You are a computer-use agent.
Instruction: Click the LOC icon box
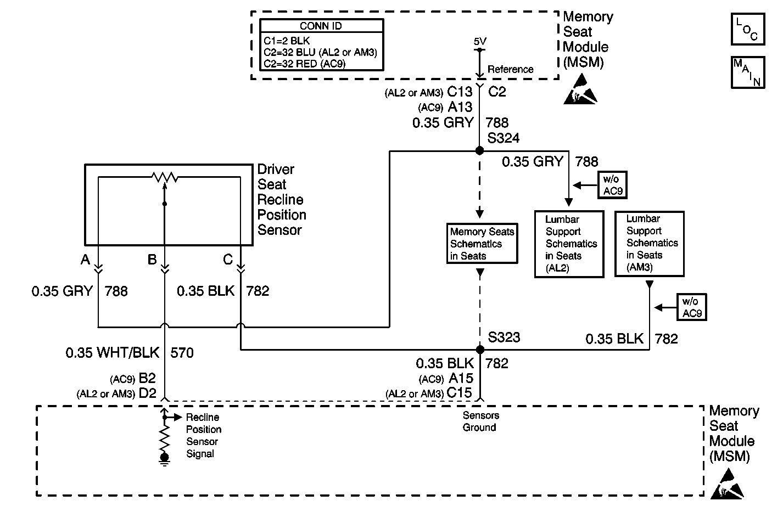(x=748, y=29)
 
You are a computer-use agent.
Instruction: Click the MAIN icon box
(x=748, y=72)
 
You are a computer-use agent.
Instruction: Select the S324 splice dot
(x=479, y=150)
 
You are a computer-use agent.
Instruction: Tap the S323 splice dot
(x=480, y=349)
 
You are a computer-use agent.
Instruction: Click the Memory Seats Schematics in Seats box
(x=482, y=244)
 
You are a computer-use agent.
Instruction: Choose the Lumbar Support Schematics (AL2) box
(x=569, y=244)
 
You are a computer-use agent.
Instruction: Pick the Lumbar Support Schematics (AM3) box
(x=649, y=244)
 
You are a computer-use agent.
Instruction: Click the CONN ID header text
(x=321, y=26)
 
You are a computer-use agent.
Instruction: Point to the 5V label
(x=480, y=42)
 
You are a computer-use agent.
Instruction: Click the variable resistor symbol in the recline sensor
(x=165, y=178)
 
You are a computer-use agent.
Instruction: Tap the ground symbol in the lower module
(x=164, y=460)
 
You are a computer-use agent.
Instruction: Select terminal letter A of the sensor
(x=85, y=260)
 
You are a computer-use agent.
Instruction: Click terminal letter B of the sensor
(x=152, y=260)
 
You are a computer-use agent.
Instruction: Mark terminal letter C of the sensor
(x=228, y=260)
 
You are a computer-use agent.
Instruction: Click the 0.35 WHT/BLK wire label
(x=113, y=352)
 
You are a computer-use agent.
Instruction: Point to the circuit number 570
(x=182, y=353)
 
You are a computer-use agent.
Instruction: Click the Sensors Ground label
(x=480, y=421)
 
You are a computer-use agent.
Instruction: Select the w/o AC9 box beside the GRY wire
(x=612, y=185)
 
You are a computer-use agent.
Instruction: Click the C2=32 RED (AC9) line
(x=304, y=64)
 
